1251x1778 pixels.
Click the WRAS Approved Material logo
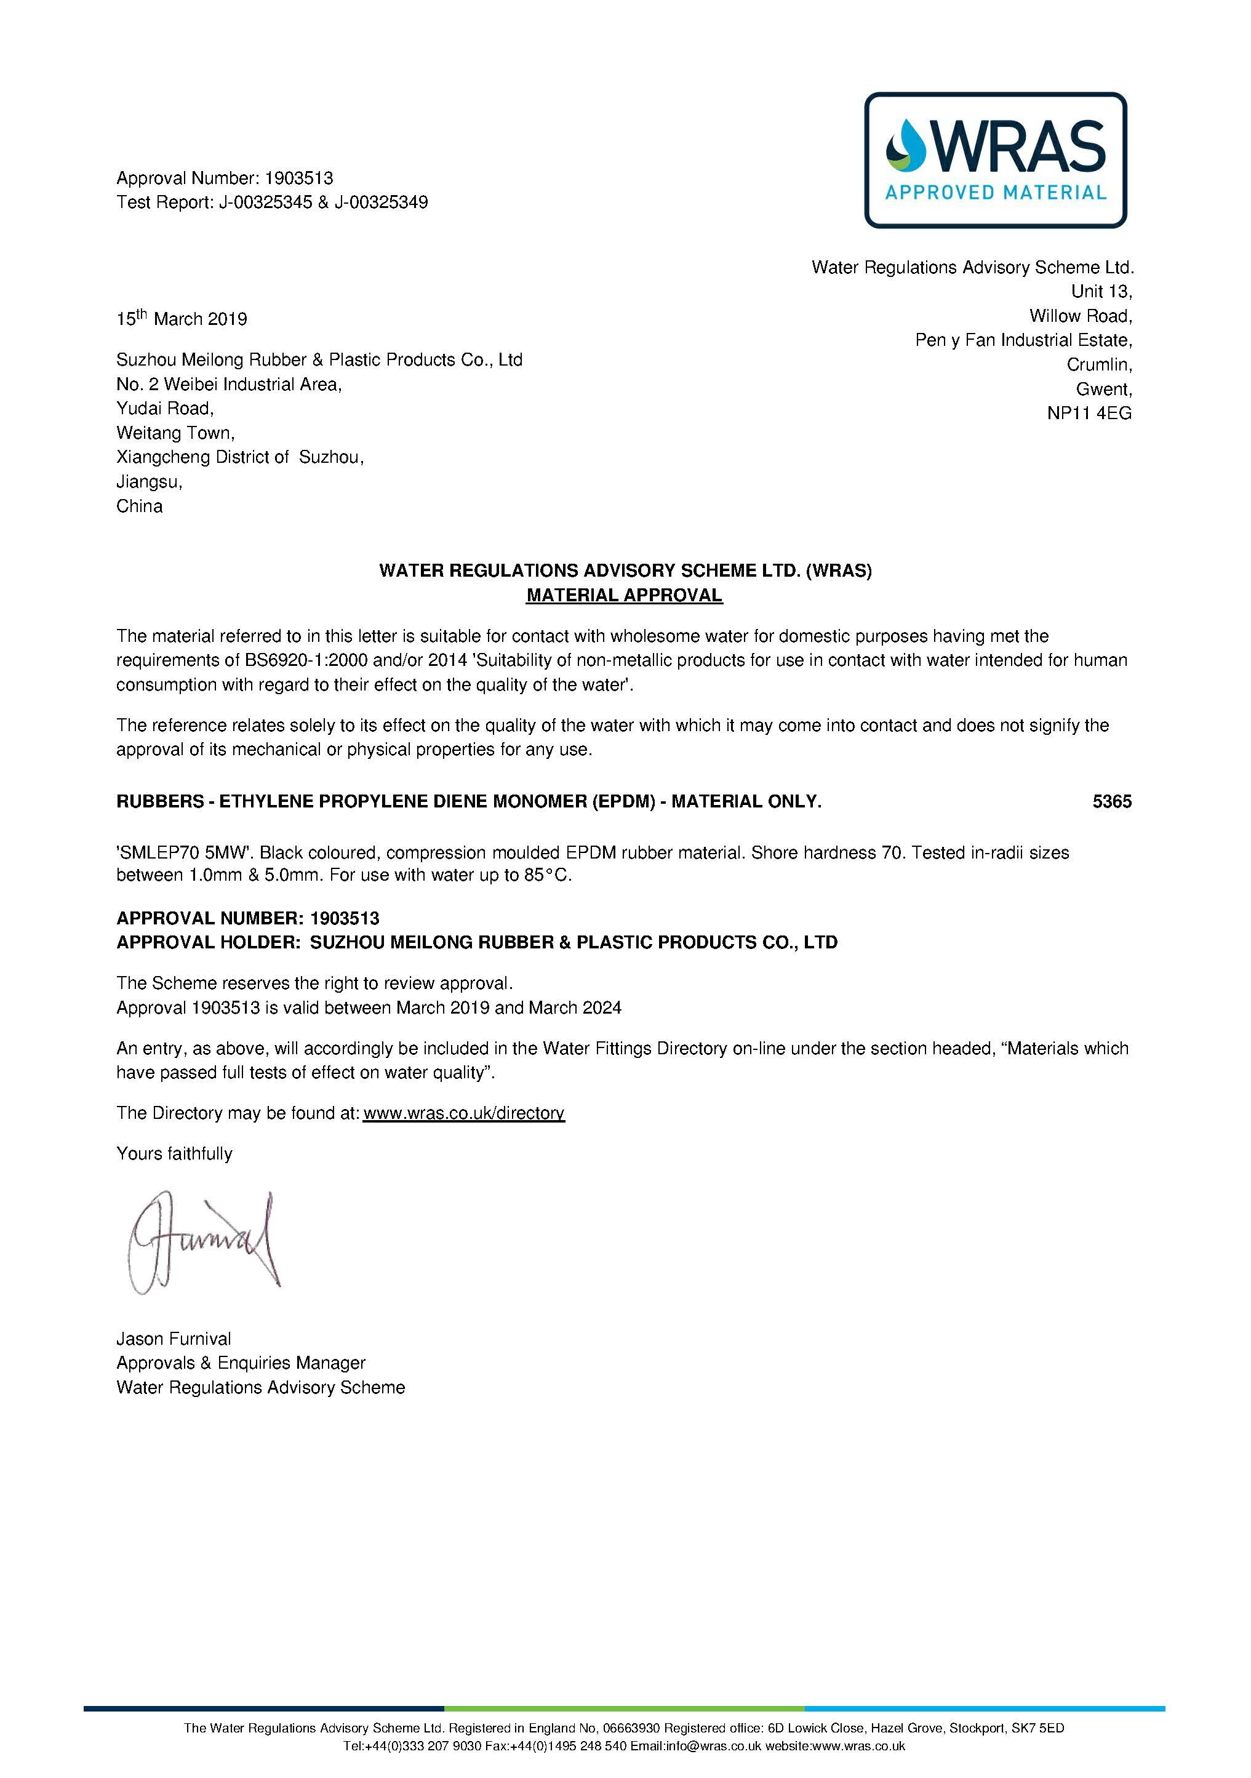tap(995, 160)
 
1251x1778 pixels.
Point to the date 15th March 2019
tap(182, 318)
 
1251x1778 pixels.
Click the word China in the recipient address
tap(139, 507)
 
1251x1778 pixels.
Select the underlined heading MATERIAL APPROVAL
tap(624, 596)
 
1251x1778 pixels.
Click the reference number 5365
tap(1112, 801)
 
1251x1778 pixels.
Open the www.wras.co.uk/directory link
tap(464, 1113)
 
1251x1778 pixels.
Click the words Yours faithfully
tap(174, 1154)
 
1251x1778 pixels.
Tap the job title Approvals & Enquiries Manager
tap(241, 1363)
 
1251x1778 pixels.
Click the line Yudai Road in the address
tap(165, 409)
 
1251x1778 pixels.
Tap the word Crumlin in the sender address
tap(1098, 365)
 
